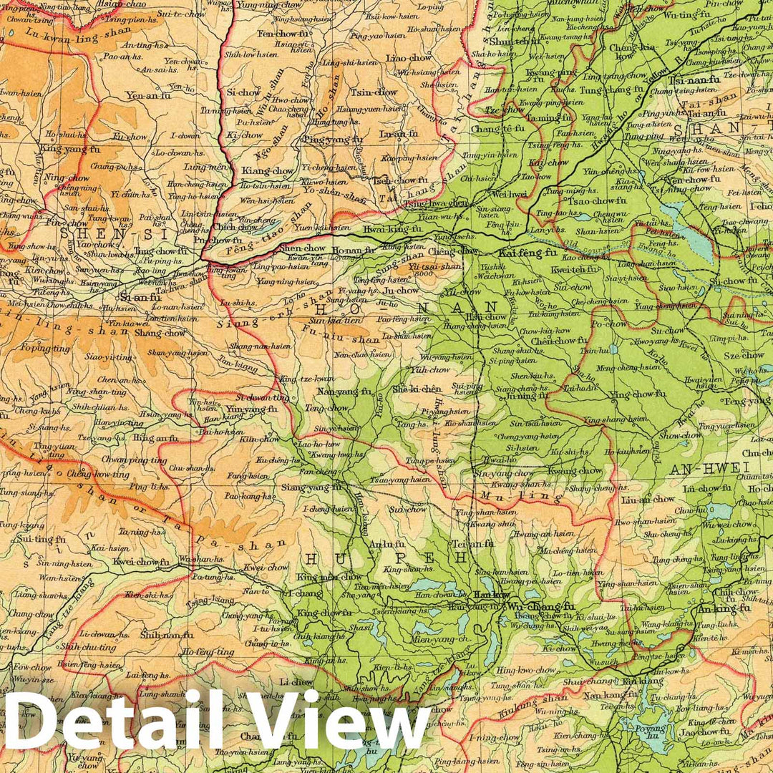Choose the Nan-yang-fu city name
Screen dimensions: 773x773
pyautogui.click(x=344, y=392)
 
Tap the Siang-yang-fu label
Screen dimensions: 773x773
pyautogui.click(x=312, y=487)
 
